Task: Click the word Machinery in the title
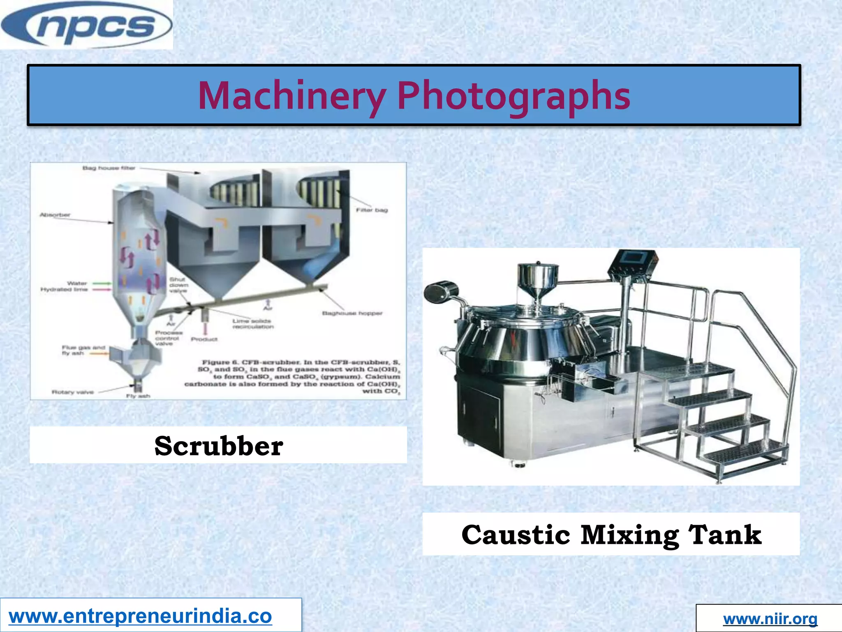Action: point(291,96)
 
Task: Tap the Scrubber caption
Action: point(219,446)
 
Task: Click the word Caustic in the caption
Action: point(516,535)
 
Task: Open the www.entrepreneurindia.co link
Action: point(140,616)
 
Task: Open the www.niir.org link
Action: point(770,618)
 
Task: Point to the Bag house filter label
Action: point(109,168)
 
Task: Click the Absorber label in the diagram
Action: point(55,215)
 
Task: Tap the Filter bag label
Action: point(372,210)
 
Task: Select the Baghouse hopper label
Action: point(352,314)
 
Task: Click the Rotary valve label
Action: point(73,392)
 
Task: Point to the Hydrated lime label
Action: point(64,290)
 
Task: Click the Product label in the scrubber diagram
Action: point(204,339)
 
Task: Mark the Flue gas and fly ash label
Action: point(83,350)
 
